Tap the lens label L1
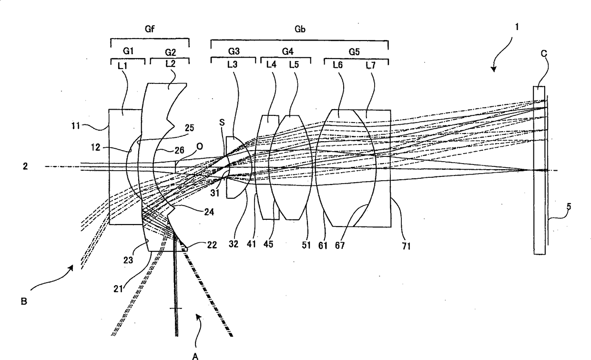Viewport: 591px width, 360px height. [122, 67]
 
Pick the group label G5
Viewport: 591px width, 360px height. [354, 51]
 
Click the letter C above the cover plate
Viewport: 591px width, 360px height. [543, 54]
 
